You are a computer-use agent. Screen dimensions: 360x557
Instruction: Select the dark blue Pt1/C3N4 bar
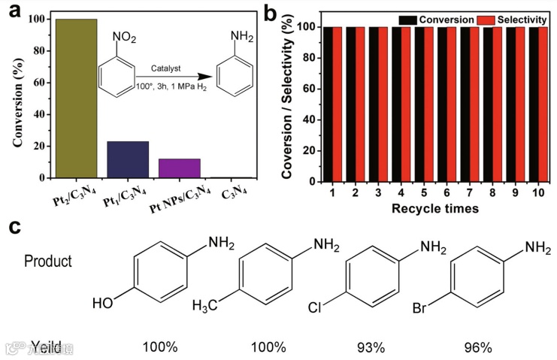127,159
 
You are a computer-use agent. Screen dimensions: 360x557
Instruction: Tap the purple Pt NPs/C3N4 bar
179,168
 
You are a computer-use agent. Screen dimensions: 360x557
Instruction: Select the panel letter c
13,225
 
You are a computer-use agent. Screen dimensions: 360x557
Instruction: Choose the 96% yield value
477,347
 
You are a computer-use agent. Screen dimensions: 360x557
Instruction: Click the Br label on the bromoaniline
425,307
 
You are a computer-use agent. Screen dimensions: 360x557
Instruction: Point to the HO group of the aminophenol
103,304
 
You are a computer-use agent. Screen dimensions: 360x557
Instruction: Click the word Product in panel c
48,262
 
